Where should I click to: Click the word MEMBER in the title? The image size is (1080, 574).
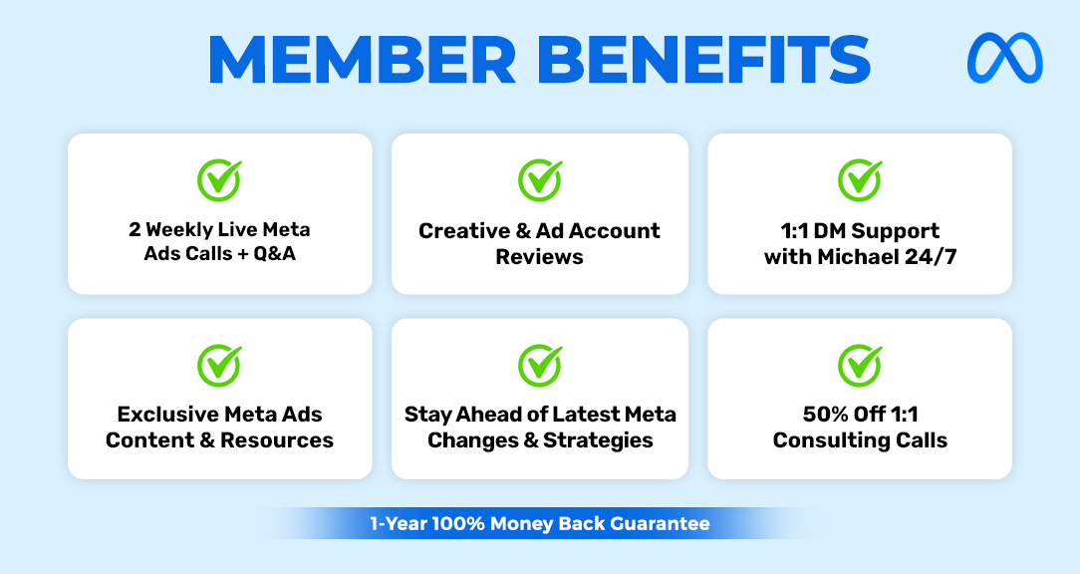[x=363, y=59]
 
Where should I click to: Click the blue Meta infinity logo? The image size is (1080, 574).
[x=1005, y=58]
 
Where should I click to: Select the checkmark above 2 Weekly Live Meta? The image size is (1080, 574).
[x=220, y=179]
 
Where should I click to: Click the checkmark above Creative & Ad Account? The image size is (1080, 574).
[x=540, y=179]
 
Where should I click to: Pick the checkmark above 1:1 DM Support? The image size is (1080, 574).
[x=860, y=179]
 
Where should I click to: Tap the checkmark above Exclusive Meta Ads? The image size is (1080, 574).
[x=220, y=365]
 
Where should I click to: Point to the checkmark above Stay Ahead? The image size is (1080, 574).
[x=540, y=365]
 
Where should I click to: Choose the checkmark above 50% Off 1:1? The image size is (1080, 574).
[x=860, y=365]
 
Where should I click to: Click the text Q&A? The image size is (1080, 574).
[x=275, y=253]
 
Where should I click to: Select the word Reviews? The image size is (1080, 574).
[x=539, y=257]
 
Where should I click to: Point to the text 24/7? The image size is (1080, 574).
[x=931, y=257]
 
